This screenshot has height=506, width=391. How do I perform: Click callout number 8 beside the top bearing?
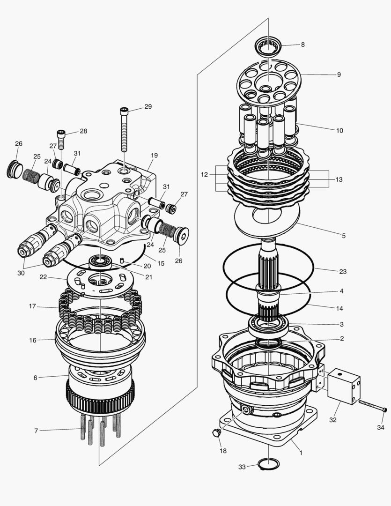[x=302, y=45]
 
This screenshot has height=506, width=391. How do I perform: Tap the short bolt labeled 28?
[x=61, y=140]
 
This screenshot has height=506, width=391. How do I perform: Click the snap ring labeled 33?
[x=268, y=464]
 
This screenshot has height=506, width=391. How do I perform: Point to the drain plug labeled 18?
[x=216, y=432]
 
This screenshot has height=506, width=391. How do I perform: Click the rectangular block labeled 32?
[x=344, y=386]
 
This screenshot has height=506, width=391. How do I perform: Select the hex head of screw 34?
[x=384, y=410]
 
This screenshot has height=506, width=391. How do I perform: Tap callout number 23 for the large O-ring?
[x=343, y=271]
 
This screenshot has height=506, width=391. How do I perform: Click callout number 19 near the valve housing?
[x=154, y=155]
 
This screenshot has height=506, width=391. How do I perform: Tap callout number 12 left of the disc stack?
[x=204, y=175]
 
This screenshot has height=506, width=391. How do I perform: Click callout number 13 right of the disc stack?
[x=339, y=179]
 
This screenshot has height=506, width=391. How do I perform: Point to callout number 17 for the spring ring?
[x=32, y=306]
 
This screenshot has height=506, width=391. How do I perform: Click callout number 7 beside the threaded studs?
[x=36, y=431]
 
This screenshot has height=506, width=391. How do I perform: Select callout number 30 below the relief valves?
[x=21, y=273]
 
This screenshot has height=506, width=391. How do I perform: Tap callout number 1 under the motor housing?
[x=301, y=453]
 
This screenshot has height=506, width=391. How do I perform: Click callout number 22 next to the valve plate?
[x=43, y=277]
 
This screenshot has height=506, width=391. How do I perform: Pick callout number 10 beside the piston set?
[x=339, y=130]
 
